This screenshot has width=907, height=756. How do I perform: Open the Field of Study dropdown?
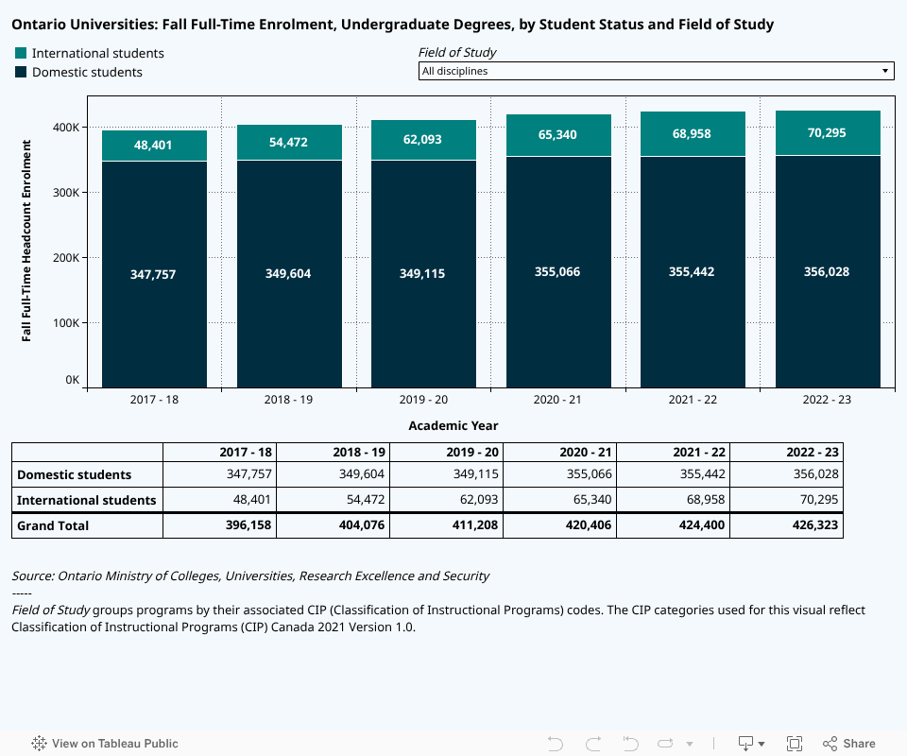[656, 71]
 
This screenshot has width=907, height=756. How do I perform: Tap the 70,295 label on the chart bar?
[827, 133]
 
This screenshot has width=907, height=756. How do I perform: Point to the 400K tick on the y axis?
[65, 128]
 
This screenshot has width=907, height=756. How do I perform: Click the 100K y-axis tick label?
[65, 323]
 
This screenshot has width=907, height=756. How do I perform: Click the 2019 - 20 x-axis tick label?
[423, 400]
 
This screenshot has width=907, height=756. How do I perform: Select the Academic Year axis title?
[453, 426]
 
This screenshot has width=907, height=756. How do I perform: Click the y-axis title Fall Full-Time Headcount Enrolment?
[26, 240]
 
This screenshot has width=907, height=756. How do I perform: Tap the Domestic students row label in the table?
[75, 474]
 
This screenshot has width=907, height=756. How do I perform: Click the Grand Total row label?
[53, 525]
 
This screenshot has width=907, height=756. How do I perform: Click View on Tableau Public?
[105, 744]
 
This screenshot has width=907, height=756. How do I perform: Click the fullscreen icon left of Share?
[795, 744]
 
